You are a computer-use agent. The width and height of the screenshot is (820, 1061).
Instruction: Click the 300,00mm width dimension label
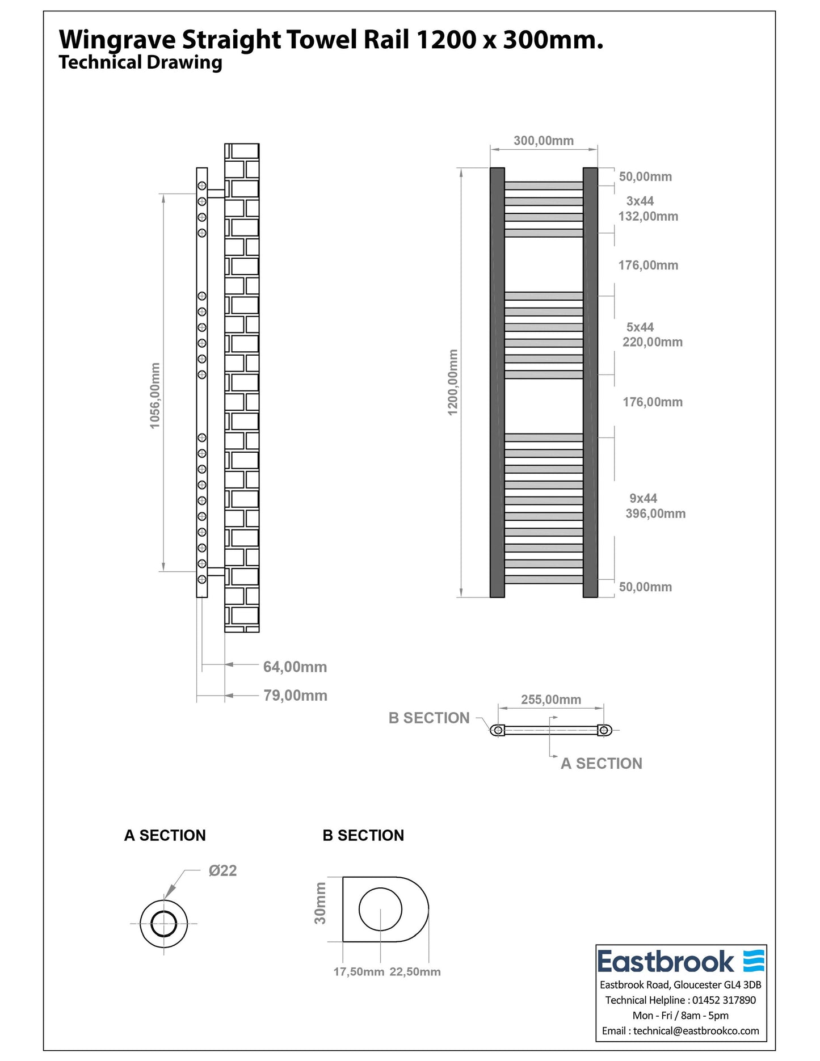pyautogui.click(x=543, y=141)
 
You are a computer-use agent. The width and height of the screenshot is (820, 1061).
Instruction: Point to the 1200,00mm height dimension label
pyautogui.click(x=453, y=382)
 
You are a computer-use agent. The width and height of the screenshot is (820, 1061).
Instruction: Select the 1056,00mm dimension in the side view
pyautogui.click(x=155, y=395)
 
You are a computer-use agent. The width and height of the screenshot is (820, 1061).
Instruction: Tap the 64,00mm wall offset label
pyautogui.click(x=295, y=667)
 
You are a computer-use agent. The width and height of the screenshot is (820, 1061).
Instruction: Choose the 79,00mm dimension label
pyautogui.click(x=295, y=696)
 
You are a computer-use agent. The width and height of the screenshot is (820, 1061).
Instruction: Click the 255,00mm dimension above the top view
pyautogui.click(x=550, y=700)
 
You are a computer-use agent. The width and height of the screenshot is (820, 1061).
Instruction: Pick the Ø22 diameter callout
pyautogui.click(x=222, y=870)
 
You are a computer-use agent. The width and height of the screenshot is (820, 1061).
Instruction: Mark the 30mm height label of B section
pyautogui.click(x=321, y=903)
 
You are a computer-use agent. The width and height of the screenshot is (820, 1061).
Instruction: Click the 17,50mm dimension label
pyautogui.click(x=359, y=971)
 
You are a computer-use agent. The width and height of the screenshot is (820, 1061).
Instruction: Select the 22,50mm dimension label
pyautogui.click(x=415, y=971)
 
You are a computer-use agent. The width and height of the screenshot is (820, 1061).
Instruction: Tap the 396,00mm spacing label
pyautogui.click(x=655, y=513)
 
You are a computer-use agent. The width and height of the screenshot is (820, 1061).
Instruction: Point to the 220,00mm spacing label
pyautogui.click(x=652, y=342)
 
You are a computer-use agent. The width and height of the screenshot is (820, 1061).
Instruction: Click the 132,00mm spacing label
pyautogui.click(x=648, y=216)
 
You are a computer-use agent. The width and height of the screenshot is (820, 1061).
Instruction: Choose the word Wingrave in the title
pyautogui.click(x=117, y=40)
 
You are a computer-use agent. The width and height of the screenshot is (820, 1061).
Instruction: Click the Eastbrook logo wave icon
pyautogui.click(x=754, y=961)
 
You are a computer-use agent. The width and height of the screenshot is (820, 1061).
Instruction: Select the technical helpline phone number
pyautogui.click(x=724, y=1000)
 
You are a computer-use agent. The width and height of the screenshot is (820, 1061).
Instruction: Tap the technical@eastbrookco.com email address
pyautogui.click(x=696, y=1030)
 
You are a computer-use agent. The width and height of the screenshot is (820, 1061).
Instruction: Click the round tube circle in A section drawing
pyautogui.click(x=164, y=924)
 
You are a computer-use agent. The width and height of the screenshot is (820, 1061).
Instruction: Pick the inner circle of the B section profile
pyautogui.click(x=380, y=910)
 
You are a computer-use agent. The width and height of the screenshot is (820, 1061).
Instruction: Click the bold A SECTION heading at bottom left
pyautogui.click(x=165, y=835)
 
